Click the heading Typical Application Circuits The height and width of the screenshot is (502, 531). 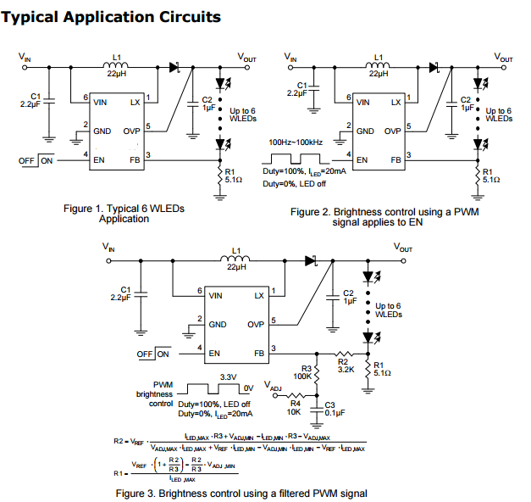[113, 16]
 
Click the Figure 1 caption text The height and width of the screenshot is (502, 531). [124, 213]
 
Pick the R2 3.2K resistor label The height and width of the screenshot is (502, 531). [344, 365]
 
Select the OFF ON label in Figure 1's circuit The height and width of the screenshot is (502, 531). [36, 160]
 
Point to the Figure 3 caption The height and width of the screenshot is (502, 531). [241, 493]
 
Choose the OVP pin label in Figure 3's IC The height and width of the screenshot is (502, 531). [256, 324]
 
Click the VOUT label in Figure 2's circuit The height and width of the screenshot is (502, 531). [502, 59]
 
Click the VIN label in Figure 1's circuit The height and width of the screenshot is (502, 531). [26, 59]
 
